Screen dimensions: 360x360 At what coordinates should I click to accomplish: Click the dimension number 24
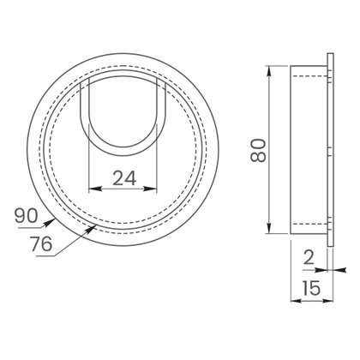click(124, 177)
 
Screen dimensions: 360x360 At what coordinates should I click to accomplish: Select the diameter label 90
click(26, 216)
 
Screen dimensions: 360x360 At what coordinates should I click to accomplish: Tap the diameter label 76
click(42, 243)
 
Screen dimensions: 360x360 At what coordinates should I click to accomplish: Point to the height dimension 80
click(258, 150)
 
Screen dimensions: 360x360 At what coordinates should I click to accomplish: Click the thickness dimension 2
click(309, 257)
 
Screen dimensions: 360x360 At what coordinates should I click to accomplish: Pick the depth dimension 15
click(311, 288)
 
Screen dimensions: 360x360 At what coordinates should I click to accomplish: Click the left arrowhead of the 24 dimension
click(93, 189)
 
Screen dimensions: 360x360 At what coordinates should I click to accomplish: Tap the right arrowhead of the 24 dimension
click(152, 189)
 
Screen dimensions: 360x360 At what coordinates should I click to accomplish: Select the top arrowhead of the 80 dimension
click(269, 72)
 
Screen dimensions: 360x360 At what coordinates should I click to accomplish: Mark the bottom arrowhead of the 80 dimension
click(269, 228)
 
